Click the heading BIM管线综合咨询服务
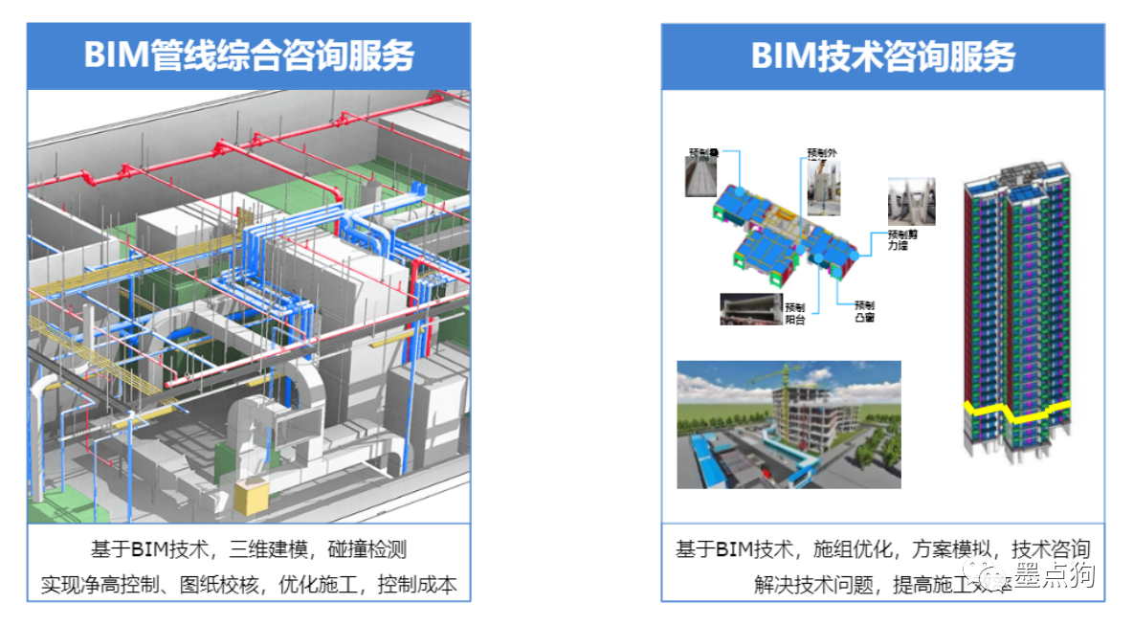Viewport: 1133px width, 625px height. pos(249,56)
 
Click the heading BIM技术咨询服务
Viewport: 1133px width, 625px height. pos(882,56)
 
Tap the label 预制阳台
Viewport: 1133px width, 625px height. pos(795,313)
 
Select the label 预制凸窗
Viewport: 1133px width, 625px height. pos(864,310)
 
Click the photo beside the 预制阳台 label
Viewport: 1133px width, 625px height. pos(750,308)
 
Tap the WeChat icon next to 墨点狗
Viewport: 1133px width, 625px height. pos(989,576)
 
